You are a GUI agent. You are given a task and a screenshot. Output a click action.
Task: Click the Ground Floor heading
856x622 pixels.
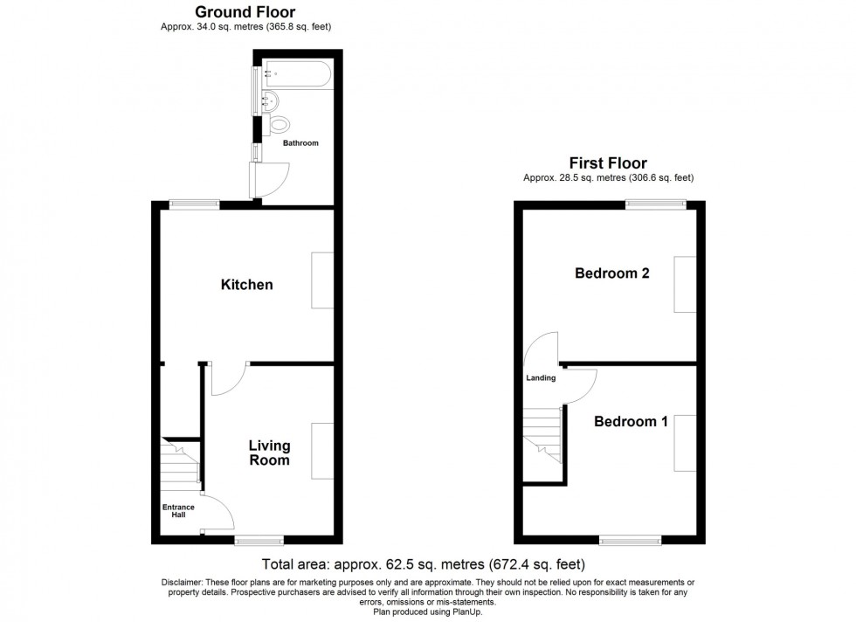[245, 12]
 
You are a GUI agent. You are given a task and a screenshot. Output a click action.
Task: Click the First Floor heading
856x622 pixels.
[608, 163]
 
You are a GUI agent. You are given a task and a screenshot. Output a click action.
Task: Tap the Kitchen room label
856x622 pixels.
[246, 285]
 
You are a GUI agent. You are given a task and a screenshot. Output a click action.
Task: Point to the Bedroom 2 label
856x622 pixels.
[611, 273]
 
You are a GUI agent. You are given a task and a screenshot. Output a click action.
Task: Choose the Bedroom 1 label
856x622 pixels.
[631, 422]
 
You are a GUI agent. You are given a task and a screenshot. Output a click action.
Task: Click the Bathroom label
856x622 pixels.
[300, 143]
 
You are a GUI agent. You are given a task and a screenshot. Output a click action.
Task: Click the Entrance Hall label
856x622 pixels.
[178, 510]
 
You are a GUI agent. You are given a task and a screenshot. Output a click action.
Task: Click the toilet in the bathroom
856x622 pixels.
[279, 124]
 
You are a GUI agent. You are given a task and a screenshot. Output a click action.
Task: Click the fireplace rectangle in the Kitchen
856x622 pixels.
[322, 280]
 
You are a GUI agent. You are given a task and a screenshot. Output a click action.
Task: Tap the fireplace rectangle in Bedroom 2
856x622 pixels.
[684, 285]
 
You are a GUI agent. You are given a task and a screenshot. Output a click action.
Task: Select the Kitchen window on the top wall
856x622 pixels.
[194, 204]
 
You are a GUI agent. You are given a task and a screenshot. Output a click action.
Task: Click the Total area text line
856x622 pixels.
[424, 564]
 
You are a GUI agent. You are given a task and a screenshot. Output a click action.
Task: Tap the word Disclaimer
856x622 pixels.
[182, 583]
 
